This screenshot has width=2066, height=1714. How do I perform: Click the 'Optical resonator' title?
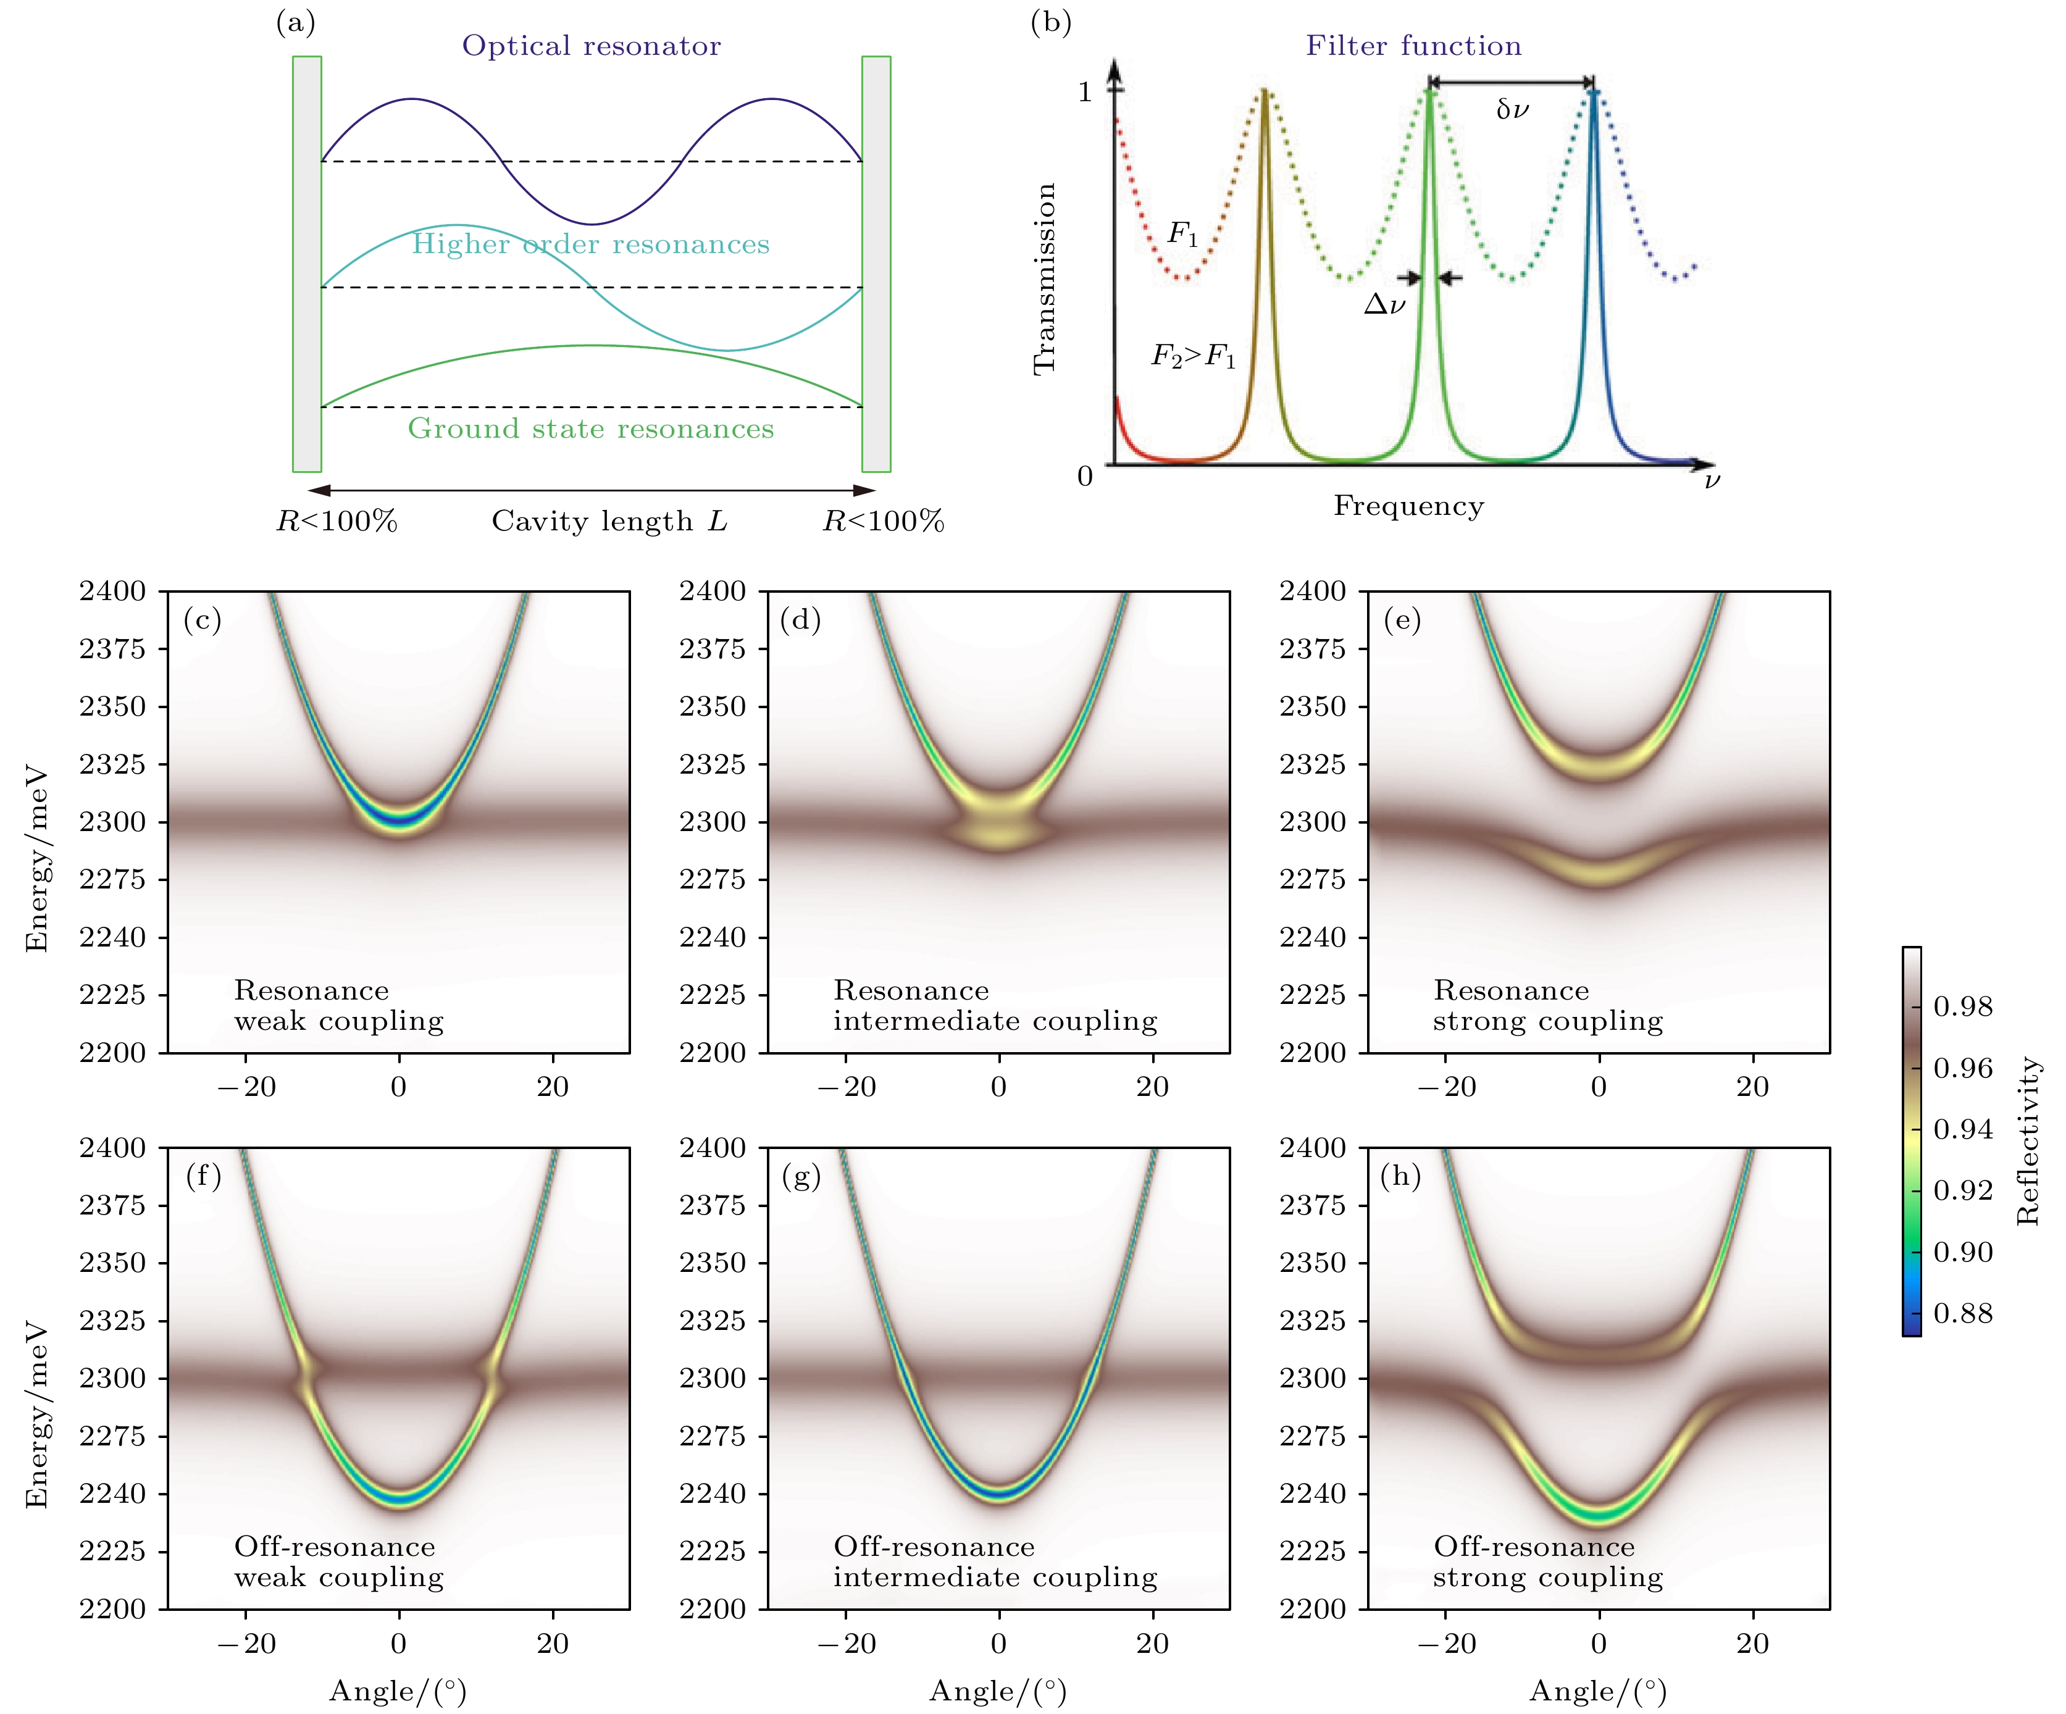pyautogui.click(x=592, y=46)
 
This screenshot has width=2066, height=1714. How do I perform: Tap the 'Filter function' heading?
pyautogui.click(x=1413, y=46)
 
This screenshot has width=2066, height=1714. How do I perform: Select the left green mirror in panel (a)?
pyautogui.click(x=307, y=264)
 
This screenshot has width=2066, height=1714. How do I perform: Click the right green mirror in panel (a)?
pyautogui.click(x=876, y=264)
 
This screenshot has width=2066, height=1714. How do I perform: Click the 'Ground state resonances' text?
pyautogui.click(x=592, y=429)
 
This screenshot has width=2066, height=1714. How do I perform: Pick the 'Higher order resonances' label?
pyautogui.click(x=590, y=244)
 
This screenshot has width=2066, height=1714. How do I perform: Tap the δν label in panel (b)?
pyautogui.click(x=1512, y=109)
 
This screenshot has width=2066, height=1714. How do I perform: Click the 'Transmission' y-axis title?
pyautogui.click(x=1045, y=278)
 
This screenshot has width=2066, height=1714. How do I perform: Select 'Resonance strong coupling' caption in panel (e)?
pyautogui.click(x=1547, y=1006)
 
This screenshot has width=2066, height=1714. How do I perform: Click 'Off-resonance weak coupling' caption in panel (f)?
pyautogui.click(x=338, y=1561)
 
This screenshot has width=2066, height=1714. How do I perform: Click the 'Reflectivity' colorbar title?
pyautogui.click(x=2028, y=1142)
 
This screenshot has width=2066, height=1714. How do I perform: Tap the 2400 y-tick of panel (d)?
pyautogui.click(x=713, y=592)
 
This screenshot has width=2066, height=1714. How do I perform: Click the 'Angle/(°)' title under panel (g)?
pyautogui.click(x=998, y=1691)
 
